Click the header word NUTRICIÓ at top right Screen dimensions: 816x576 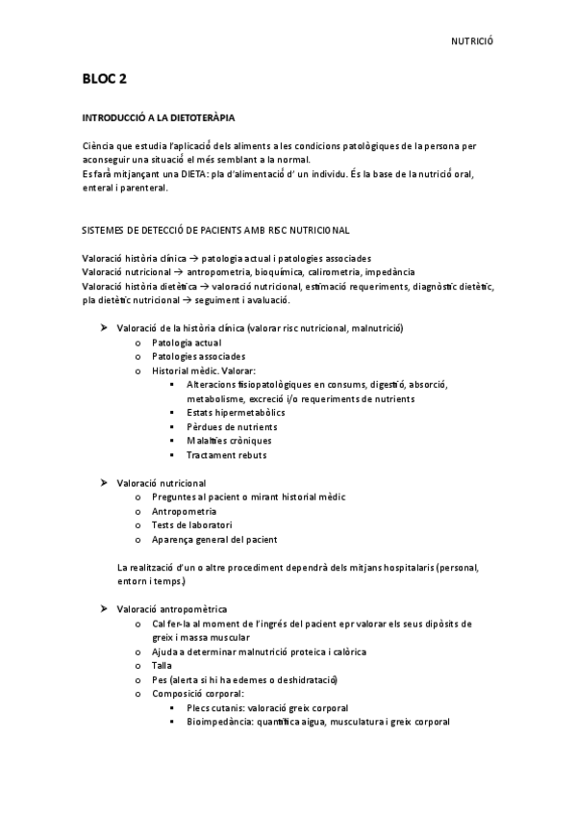tap(471, 41)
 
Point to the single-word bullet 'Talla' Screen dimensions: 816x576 tap(163, 665)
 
